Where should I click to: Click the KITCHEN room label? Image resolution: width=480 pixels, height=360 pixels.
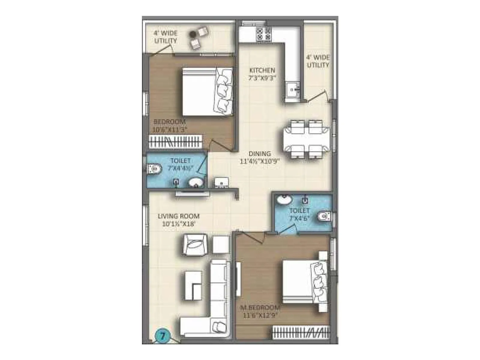(x=262, y=70)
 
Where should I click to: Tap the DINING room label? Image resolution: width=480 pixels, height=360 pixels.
(x=259, y=154)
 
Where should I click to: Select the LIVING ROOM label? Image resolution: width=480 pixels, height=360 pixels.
(x=178, y=216)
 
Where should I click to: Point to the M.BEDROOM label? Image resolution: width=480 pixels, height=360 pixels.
(x=260, y=308)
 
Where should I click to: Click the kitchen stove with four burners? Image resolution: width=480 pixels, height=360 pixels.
(x=263, y=34)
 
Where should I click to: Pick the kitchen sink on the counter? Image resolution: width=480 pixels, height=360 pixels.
(x=292, y=89)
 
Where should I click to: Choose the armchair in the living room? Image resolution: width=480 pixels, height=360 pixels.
(x=194, y=244)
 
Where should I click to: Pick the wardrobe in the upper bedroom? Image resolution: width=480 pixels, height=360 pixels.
(x=175, y=142)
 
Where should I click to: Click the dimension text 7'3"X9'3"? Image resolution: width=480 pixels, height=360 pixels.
(x=262, y=78)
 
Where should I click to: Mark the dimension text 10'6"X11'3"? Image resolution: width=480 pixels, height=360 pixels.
(x=169, y=130)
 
